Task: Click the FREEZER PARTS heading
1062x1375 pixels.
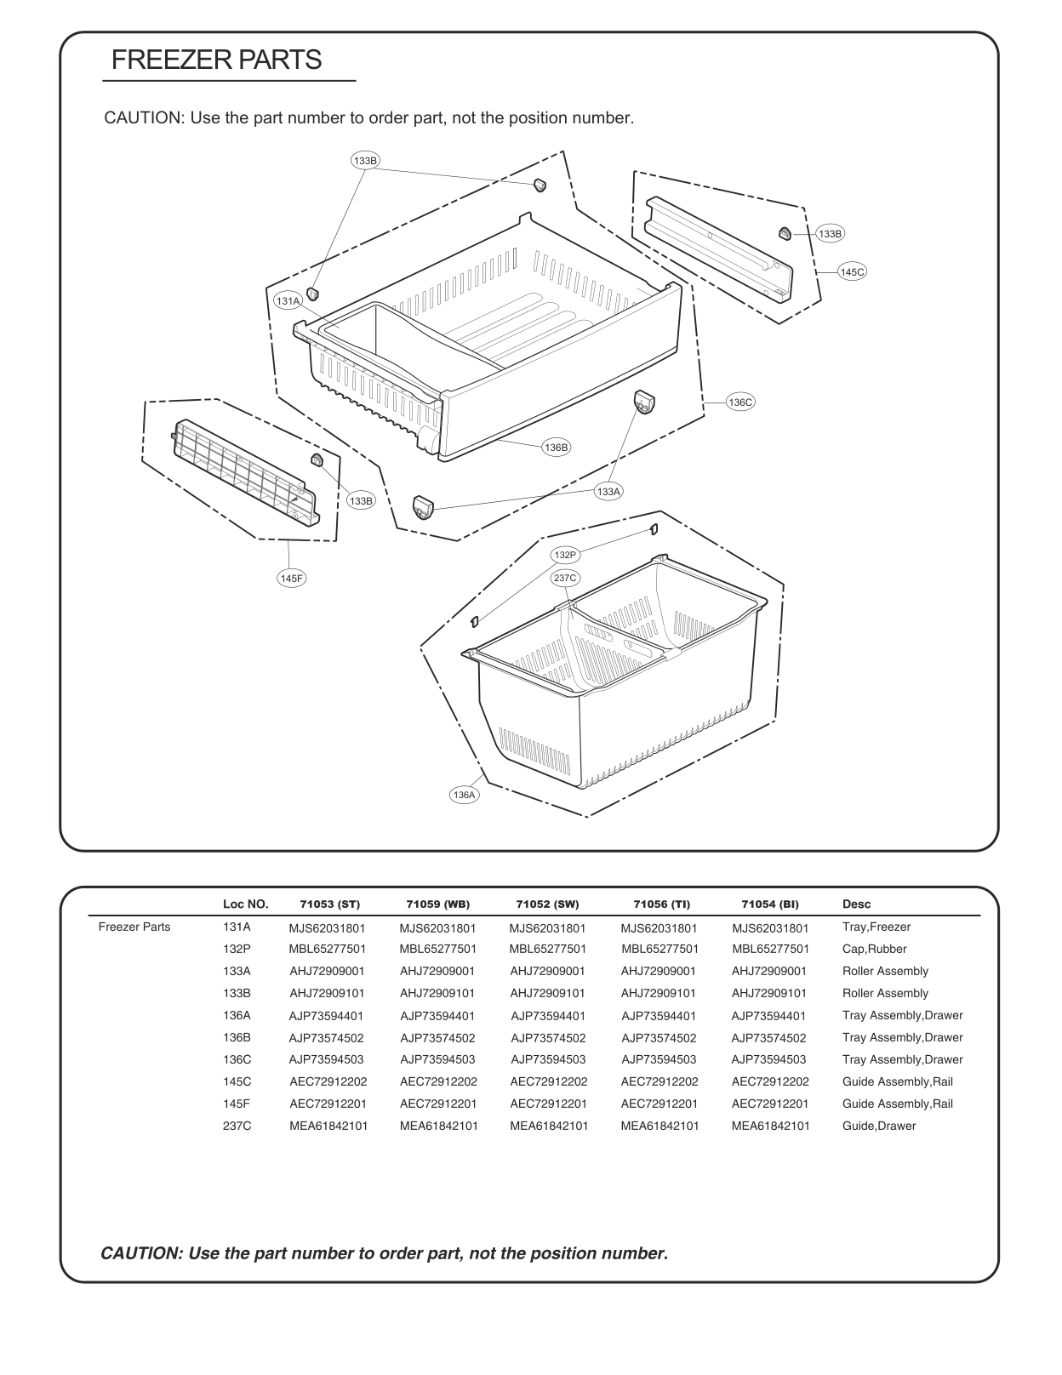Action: click(x=216, y=60)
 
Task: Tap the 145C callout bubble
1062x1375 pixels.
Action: click(x=852, y=271)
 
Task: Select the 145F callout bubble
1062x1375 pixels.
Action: click(x=291, y=578)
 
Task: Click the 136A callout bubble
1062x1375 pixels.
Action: click(x=463, y=795)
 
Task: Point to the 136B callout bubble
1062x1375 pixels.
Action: click(x=556, y=447)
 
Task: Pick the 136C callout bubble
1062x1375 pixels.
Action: click(x=739, y=402)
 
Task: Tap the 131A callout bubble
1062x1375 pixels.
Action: click(x=288, y=301)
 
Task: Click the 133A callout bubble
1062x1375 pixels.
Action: click(x=608, y=491)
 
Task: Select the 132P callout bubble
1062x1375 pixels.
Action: click(x=565, y=555)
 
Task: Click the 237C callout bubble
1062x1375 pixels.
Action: click(x=565, y=578)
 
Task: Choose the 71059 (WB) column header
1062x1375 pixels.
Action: click(x=437, y=904)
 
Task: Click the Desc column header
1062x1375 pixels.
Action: click(x=856, y=904)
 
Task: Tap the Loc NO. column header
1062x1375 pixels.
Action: click(x=245, y=904)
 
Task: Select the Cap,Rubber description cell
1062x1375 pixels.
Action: click(x=874, y=949)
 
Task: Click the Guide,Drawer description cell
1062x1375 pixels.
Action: click(x=879, y=1126)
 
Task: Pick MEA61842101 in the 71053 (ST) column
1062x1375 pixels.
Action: click(x=328, y=1126)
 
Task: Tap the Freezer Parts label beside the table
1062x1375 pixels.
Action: click(x=134, y=927)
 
